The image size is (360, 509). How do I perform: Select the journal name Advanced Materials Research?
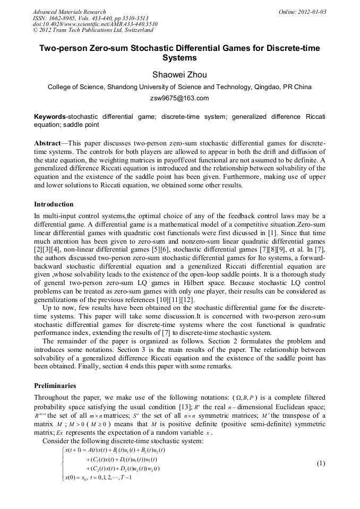click(69, 12)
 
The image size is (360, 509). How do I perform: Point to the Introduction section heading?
click(54, 204)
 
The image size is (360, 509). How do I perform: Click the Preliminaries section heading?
click(55, 386)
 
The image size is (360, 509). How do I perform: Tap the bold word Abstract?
click(47, 144)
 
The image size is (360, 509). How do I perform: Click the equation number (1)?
click(321, 463)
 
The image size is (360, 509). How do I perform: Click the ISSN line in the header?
click(83, 18)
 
